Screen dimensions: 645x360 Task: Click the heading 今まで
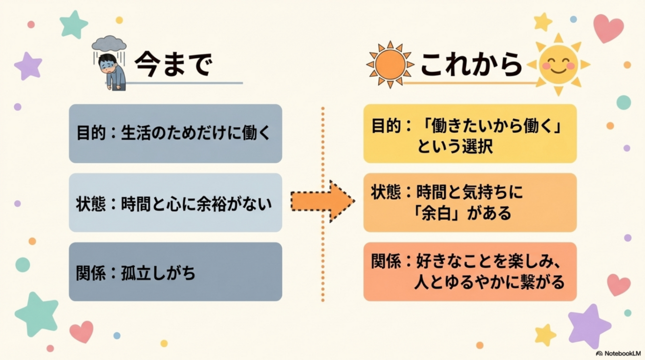173,64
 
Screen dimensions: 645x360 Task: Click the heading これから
471,64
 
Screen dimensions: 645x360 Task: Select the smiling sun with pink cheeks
559,64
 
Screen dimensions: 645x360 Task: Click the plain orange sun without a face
390,64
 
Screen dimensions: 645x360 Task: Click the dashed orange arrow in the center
322,201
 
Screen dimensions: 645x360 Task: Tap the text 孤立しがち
158,273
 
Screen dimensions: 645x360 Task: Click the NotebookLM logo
618,353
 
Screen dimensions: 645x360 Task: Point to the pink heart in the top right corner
608,28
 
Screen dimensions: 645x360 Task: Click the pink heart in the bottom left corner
82,332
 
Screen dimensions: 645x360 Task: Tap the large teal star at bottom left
37,315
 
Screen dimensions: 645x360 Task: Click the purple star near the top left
28,66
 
